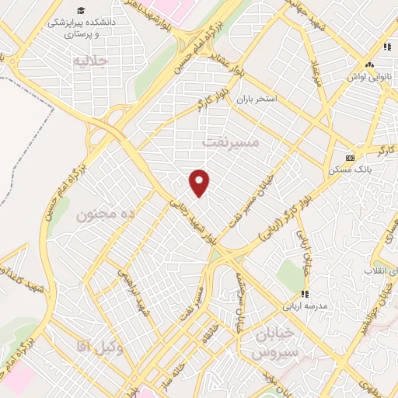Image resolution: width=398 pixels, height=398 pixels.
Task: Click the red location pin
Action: (200, 182)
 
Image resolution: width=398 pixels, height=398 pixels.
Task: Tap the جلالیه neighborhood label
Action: (88, 60)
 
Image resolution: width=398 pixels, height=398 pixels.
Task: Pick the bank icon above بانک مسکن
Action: (350, 157)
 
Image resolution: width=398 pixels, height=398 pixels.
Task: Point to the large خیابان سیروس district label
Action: (274, 341)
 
